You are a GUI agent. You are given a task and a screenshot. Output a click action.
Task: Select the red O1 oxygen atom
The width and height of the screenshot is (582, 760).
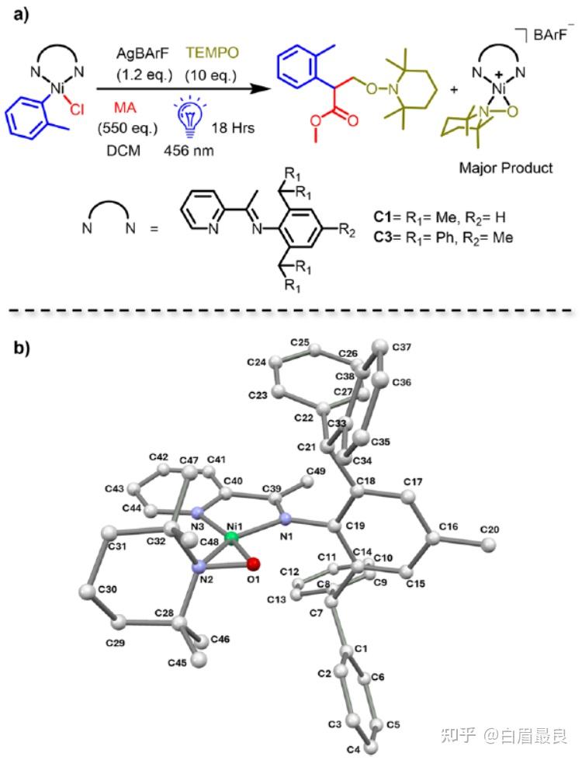pyautogui.click(x=255, y=565)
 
